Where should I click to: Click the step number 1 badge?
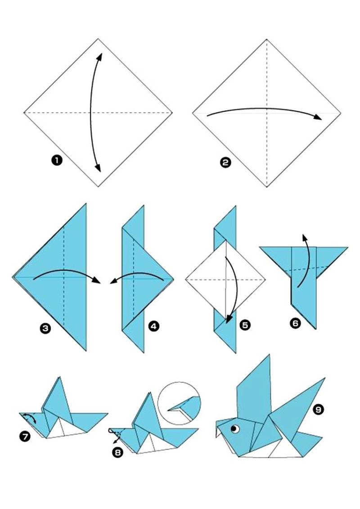(x=57, y=160)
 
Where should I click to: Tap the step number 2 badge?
(x=225, y=162)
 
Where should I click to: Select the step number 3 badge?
(x=45, y=329)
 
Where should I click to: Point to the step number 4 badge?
(x=154, y=326)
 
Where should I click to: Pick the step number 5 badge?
(x=245, y=325)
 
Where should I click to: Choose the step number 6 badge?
(x=295, y=323)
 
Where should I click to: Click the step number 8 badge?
(x=117, y=452)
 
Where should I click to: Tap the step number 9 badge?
(x=318, y=410)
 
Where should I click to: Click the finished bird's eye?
(x=235, y=429)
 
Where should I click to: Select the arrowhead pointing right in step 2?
(x=318, y=117)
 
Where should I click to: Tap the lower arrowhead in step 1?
(x=98, y=168)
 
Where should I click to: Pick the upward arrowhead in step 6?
(x=304, y=237)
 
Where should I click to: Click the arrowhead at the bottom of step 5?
(x=229, y=319)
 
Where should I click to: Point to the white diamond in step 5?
(x=225, y=279)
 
